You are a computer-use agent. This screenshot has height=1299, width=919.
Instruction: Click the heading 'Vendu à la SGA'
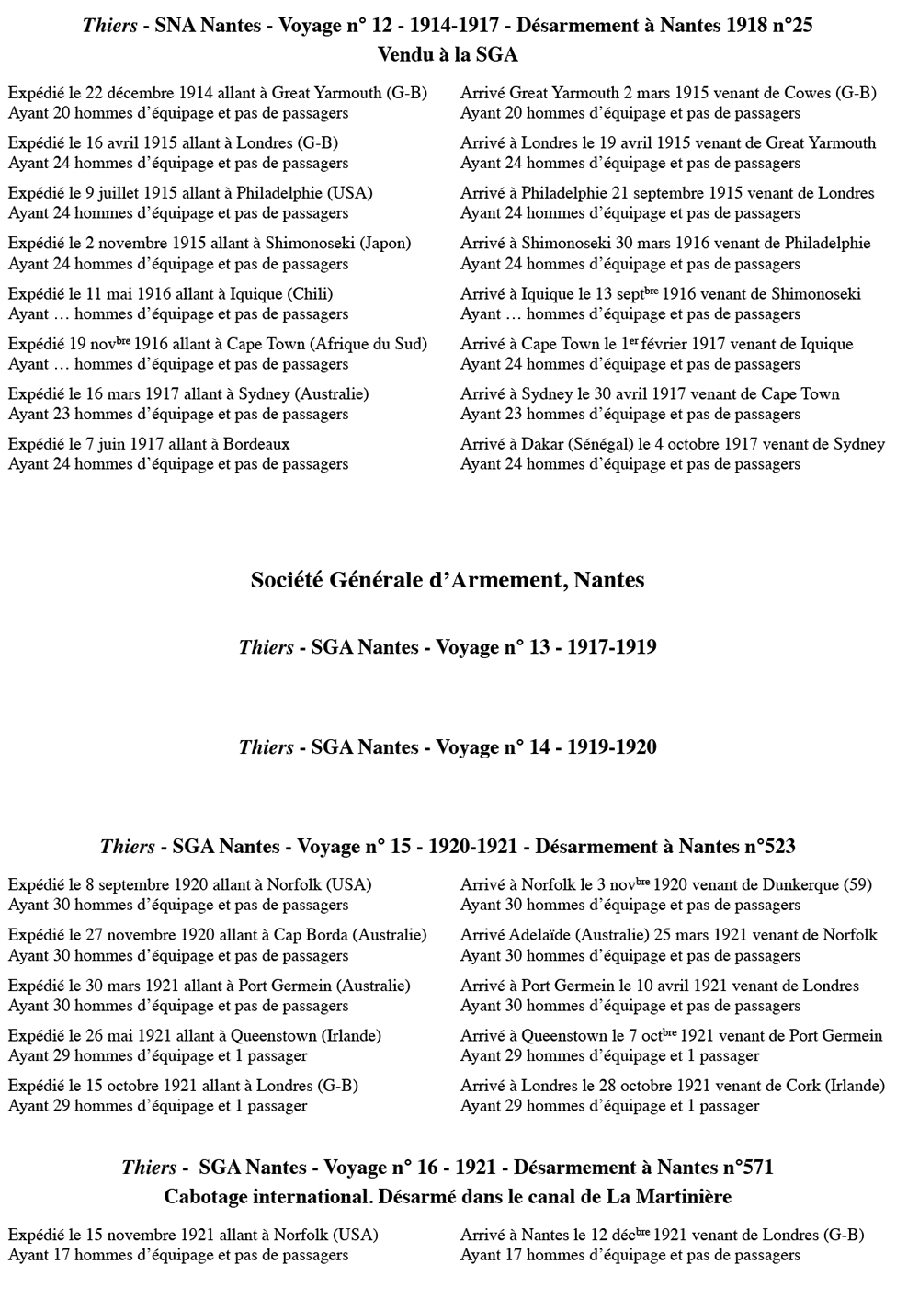[x=448, y=55]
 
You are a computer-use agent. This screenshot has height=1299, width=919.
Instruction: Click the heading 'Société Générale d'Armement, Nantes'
[x=448, y=581]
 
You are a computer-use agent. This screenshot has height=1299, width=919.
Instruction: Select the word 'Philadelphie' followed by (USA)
[x=279, y=193]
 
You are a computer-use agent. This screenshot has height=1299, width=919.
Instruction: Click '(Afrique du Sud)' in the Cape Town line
[x=369, y=344]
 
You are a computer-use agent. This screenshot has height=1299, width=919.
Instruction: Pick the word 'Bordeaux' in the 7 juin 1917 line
[x=256, y=444]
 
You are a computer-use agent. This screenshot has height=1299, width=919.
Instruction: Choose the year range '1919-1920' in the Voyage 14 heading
[x=612, y=747]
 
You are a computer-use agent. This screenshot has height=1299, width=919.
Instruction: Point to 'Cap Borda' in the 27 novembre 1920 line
[x=311, y=935]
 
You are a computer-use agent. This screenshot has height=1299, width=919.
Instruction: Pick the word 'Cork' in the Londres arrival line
[x=803, y=1086]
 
